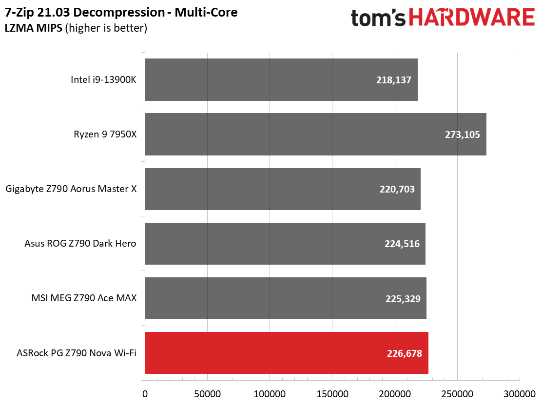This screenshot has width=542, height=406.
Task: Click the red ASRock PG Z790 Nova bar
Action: [287, 353]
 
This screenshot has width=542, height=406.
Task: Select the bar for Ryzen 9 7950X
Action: [315, 134]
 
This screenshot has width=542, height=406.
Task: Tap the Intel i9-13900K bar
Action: [281, 79]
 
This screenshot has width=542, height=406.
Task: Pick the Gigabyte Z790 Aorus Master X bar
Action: [283, 189]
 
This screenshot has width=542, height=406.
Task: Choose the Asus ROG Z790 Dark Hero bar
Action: [285, 244]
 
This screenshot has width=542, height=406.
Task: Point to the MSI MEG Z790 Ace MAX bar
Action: [286, 298]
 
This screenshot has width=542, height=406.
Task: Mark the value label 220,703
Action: [397, 189]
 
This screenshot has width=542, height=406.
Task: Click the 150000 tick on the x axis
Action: [332, 393]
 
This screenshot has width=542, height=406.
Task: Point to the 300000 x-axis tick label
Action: [520, 393]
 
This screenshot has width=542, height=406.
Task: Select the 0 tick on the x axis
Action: [145, 393]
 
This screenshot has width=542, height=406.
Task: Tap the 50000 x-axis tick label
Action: [207, 393]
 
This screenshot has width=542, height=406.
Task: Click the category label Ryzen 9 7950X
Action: [104, 134]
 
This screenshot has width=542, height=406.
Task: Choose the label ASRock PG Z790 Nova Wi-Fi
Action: [76, 353]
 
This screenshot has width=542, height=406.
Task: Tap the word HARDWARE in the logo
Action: [471, 18]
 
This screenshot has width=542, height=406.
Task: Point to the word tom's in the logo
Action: [379, 18]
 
